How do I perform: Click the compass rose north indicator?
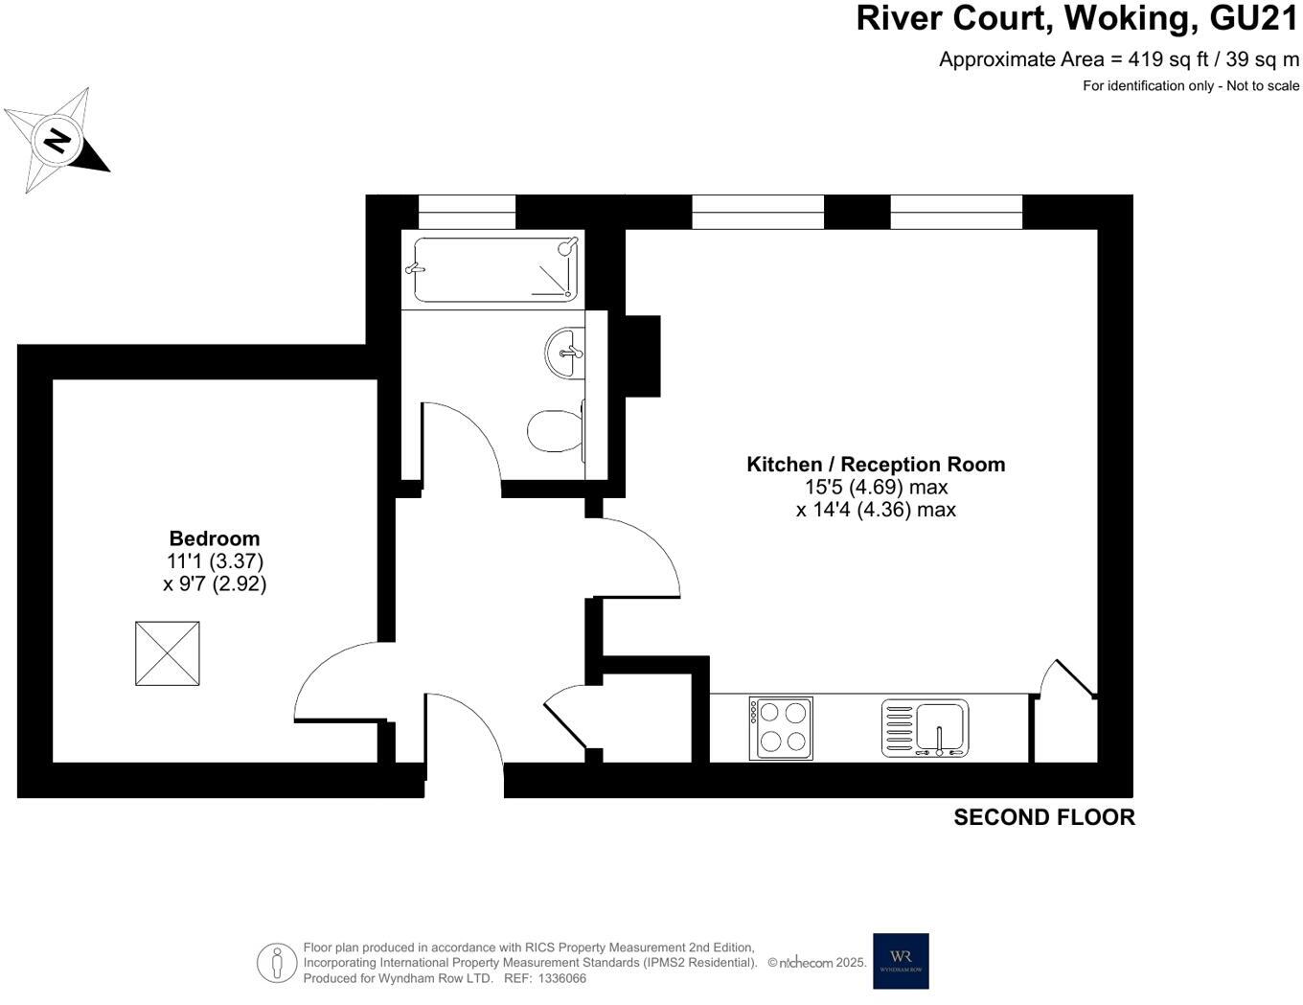click(57, 141)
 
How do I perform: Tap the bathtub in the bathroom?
click(495, 269)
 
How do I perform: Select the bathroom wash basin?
click(565, 353)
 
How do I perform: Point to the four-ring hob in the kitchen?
click(781, 728)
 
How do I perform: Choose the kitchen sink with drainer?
click(925, 728)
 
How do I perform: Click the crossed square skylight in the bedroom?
click(168, 653)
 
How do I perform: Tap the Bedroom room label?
click(215, 538)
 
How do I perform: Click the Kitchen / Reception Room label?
click(876, 465)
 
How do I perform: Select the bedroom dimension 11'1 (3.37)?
click(215, 561)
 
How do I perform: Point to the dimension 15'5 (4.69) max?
click(876, 488)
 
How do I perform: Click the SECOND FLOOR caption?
click(1043, 817)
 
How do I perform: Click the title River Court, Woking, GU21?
click(1077, 19)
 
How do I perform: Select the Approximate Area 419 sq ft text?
click(1118, 59)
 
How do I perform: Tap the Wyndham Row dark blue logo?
click(901, 961)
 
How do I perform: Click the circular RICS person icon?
click(277, 962)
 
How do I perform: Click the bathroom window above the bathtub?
click(467, 211)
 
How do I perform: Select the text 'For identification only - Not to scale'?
click(1191, 86)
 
